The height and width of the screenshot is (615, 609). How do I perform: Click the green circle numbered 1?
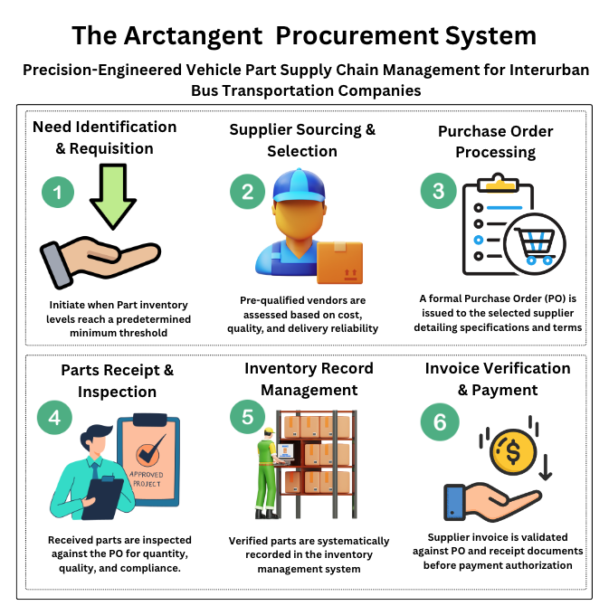(58, 192)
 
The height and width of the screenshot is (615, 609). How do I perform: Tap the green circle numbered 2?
(247, 192)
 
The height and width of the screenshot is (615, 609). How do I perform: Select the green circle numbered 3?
(438, 192)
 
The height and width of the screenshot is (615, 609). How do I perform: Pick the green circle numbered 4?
(54, 418)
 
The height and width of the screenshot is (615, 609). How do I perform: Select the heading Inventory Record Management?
(308, 379)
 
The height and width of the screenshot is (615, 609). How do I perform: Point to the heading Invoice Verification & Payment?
(497, 379)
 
